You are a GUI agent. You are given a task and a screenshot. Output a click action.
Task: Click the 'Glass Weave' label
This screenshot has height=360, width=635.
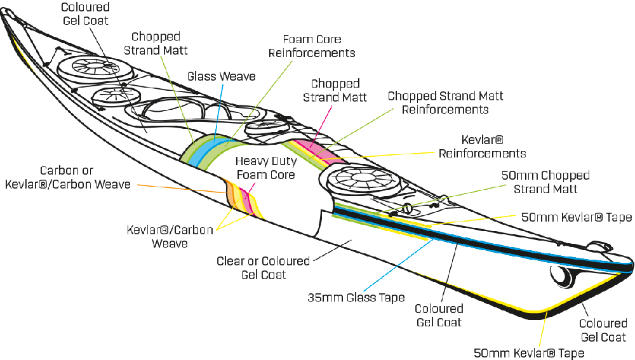[x=221, y=76]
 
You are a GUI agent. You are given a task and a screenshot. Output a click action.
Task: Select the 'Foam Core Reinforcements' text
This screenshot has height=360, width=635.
[x=311, y=46]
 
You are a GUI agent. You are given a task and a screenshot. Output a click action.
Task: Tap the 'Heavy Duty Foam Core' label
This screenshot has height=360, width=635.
[x=265, y=168]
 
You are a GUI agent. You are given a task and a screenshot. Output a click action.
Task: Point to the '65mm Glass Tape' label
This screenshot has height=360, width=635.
[x=356, y=297]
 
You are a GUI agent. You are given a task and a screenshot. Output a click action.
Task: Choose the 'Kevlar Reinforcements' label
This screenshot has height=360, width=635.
[x=483, y=145]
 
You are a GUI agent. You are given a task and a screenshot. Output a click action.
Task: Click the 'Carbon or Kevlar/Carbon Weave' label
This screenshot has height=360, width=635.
[x=68, y=178]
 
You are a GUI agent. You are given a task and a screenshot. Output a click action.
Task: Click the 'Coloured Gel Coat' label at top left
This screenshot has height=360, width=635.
[x=86, y=13]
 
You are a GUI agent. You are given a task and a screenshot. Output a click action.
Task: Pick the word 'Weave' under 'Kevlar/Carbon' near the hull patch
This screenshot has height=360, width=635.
[x=170, y=244]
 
